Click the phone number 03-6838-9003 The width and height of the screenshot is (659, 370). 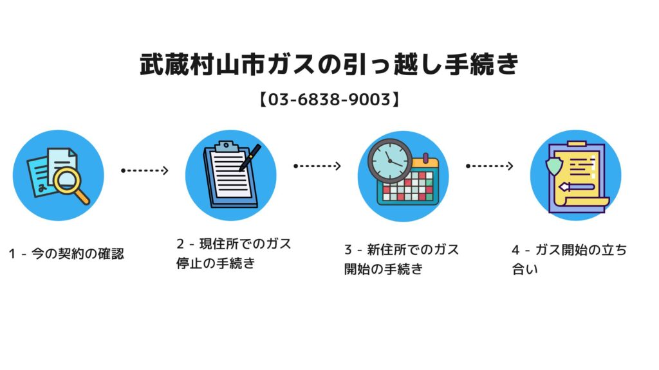[x=329, y=100]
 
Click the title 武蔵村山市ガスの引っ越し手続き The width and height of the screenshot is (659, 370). [x=329, y=64]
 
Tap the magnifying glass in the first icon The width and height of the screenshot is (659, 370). [x=70, y=184]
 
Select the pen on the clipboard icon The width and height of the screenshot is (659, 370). [x=250, y=158]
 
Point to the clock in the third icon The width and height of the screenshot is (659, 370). [x=389, y=161]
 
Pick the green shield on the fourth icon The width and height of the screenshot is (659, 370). [x=553, y=166]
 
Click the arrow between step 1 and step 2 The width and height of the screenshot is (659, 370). [x=145, y=170]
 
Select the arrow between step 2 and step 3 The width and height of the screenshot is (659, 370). [x=317, y=166]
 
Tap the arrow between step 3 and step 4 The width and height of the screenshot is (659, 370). [x=489, y=166]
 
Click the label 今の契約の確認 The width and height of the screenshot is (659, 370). [x=78, y=253]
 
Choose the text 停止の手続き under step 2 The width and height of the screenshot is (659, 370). [x=216, y=263]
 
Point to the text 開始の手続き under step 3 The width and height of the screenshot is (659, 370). [x=384, y=269]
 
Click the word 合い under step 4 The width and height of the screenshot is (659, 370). [x=524, y=269]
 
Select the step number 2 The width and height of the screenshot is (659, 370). [x=180, y=243]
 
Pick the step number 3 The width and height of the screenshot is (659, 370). [x=348, y=250]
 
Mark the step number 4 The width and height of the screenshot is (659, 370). [x=515, y=250]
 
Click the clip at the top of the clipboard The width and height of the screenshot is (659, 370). [x=226, y=146]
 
